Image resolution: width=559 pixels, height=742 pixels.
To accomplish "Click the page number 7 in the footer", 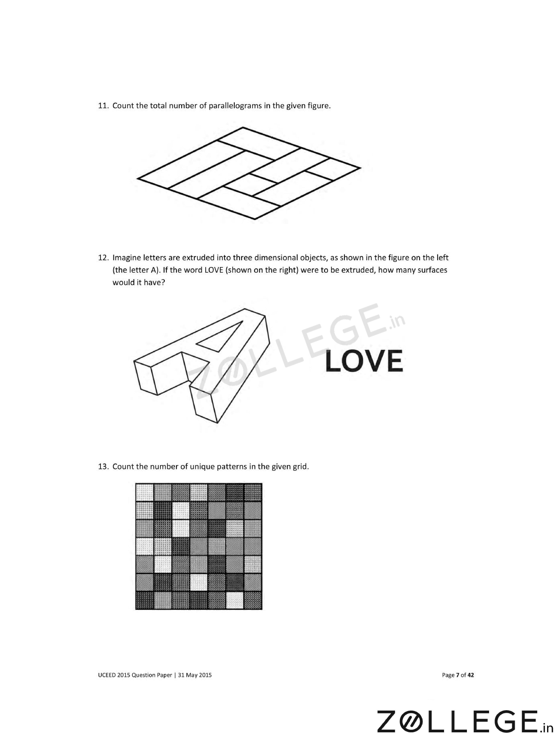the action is point(458,675).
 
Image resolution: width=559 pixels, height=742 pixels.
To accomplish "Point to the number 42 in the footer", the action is point(470,675).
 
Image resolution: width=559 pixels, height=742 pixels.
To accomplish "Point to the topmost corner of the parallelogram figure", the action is point(243,127).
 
